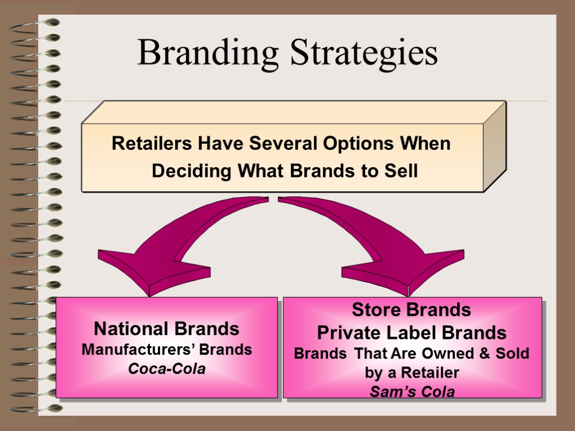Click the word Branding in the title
[208, 53]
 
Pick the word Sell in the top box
[401, 171]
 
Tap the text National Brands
[166, 328]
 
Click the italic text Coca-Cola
[167, 369]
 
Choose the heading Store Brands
[411, 310]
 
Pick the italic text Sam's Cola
[412, 391]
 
